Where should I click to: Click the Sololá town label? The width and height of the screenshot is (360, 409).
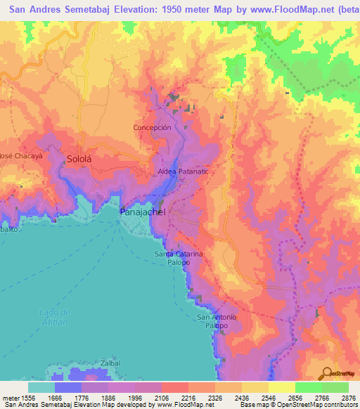[x=79, y=159]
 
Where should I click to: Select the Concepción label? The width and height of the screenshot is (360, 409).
[x=152, y=128]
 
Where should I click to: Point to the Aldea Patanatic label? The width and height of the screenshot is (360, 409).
[x=184, y=171]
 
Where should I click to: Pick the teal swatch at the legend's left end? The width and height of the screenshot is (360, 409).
[x=41, y=387]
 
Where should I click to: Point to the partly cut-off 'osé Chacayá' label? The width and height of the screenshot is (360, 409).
[x=21, y=156]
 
